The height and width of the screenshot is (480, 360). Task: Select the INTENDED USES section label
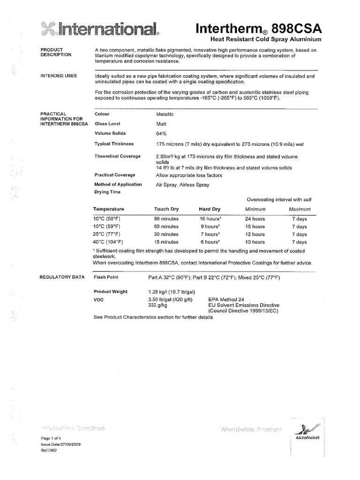59,75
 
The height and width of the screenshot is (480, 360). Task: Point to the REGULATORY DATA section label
62,277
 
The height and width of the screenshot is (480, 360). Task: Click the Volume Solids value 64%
161,134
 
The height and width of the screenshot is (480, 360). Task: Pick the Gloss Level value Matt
161,124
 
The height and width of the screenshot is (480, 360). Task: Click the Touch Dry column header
166,209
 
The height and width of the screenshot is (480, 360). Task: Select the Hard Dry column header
210,209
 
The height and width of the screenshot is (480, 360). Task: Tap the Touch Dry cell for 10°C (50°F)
166,219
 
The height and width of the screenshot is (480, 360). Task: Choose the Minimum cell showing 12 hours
255,234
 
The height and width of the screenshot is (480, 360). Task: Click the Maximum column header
300,209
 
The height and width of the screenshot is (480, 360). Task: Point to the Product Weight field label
111,292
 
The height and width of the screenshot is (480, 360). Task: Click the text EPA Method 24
225,299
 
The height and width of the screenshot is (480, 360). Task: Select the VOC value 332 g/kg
158,305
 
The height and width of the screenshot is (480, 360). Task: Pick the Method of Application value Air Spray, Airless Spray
182,185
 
